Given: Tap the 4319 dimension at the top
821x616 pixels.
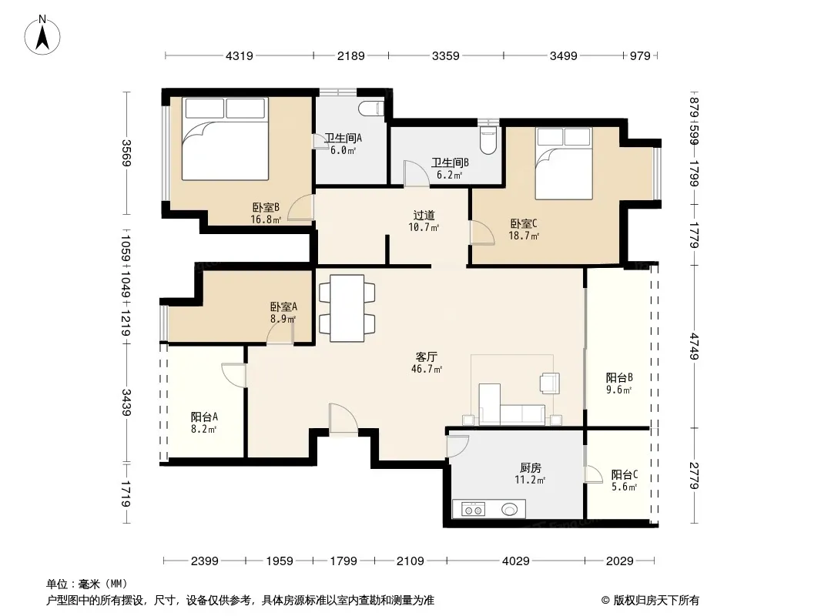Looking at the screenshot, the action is tap(240, 55).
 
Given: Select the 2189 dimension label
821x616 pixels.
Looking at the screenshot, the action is tap(350, 55).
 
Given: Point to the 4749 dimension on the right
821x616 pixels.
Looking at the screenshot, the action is tap(695, 346).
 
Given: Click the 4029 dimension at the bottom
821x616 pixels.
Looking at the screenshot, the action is tap(516, 561).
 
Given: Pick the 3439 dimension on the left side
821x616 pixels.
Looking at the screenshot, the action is tap(126, 403).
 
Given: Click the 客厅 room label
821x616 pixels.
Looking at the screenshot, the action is tap(426, 357).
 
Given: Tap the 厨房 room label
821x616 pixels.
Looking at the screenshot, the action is tap(531, 468).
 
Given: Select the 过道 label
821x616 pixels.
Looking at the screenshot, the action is tap(424, 215).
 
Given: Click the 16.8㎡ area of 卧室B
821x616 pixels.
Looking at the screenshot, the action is tap(266, 219).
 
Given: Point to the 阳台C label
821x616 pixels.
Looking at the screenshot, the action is tap(624, 474).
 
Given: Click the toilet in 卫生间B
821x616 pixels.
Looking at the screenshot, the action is tap(488, 139).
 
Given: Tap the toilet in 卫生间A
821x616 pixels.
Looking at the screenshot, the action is tap(371, 109).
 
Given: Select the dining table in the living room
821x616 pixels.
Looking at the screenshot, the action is tap(347, 309).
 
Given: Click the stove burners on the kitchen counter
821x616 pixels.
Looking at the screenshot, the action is tap(474, 509).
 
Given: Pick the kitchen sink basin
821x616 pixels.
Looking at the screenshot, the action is tap(509, 509).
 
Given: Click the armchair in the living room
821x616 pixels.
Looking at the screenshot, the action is tap(550, 383).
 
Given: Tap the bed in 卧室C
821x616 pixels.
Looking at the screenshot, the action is tap(564, 163).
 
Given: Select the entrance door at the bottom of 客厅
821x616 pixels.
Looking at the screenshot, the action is tap(343, 419).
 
